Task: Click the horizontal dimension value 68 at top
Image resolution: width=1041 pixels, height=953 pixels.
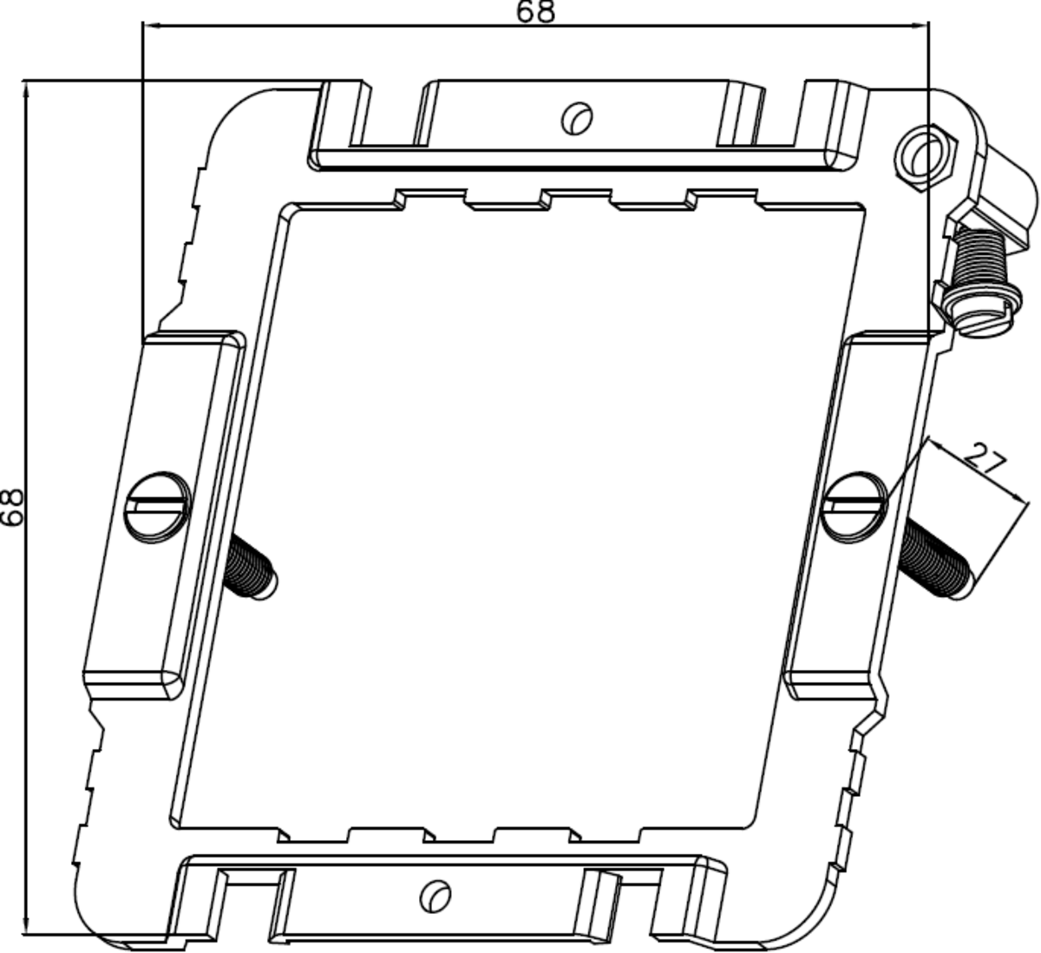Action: (535, 11)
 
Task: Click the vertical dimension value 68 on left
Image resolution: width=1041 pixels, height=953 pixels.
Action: (12, 506)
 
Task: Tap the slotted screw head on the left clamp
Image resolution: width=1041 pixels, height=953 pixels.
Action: (157, 505)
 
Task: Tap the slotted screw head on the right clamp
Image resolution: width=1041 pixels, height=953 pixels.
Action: (854, 505)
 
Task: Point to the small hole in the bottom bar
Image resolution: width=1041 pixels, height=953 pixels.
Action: (435, 895)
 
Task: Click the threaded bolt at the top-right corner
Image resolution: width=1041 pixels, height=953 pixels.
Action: (976, 260)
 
